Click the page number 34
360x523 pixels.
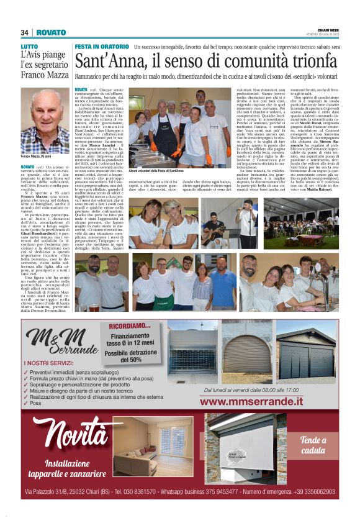(x=25, y=32)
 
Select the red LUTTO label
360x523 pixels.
(x=29, y=47)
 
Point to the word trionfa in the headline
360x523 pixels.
(x=306, y=61)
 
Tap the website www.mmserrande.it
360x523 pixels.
(x=260, y=384)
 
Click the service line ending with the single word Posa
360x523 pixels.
(x=34, y=403)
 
